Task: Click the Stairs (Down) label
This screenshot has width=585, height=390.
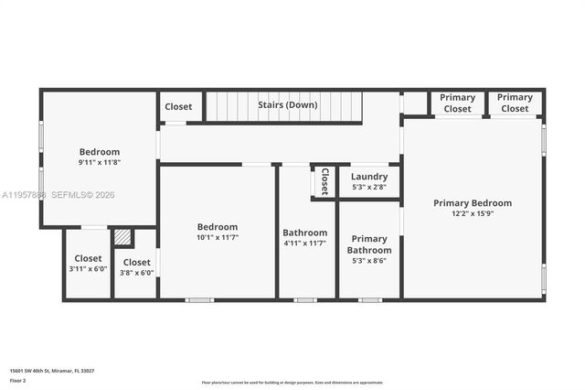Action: click(x=287, y=105)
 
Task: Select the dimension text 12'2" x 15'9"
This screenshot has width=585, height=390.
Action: click(x=472, y=214)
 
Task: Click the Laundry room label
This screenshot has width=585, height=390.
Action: click(x=369, y=177)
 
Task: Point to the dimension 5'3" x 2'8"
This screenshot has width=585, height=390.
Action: click(x=369, y=188)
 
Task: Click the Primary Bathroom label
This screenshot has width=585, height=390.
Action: click(x=369, y=244)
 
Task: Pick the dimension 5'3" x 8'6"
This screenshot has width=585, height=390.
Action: click(x=369, y=261)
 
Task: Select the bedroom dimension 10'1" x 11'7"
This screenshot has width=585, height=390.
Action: click(x=218, y=238)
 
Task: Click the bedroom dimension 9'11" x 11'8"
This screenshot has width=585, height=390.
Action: click(x=99, y=162)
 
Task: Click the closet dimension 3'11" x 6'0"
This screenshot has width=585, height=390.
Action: click(x=88, y=269)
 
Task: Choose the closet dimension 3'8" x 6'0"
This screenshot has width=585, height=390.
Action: click(x=136, y=273)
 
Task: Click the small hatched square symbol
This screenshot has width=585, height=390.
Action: click(x=123, y=237)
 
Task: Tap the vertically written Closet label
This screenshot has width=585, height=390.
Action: click(x=324, y=181)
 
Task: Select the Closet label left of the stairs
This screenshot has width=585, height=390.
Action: click(x=178, y=106)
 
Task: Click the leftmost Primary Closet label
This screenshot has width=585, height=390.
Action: click(x=457, y=103)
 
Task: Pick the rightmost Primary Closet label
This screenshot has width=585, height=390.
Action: click(x=515, y=103)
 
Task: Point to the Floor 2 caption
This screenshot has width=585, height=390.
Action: click(x=17, y=380)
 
